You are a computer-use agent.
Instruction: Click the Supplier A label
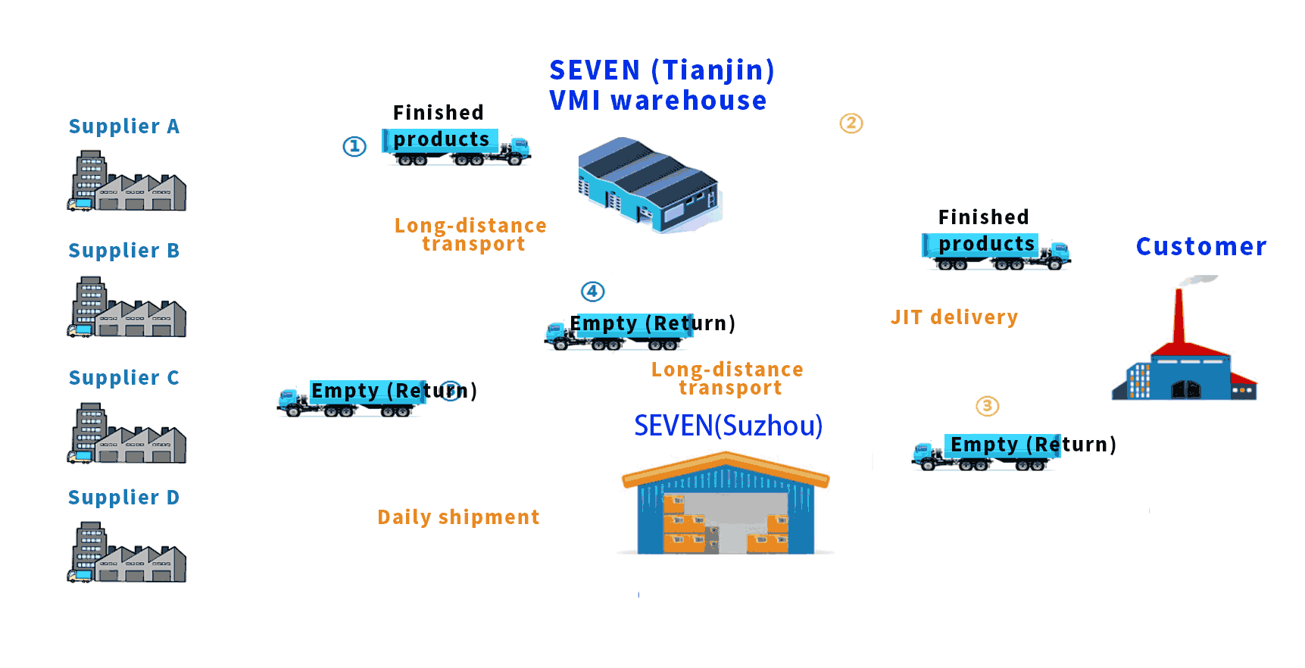point(124,126)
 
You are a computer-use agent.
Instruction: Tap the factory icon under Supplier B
point(126,307)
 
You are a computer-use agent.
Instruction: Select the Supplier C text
point(124,378)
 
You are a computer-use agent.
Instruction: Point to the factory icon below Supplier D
point(126,552)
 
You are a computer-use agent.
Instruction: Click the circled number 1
point(354,146)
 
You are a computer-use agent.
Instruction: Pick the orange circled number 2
point(851,123)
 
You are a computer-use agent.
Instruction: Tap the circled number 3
point(987,406)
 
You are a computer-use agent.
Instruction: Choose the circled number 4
point(592,292)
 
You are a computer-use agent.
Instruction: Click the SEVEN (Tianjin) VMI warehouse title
point(661,85)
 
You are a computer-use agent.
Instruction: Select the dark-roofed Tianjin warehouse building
point(648,184)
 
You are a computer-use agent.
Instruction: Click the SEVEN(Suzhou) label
point(728,426)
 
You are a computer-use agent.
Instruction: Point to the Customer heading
point(1200,247)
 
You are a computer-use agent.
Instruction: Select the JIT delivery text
point(954,317)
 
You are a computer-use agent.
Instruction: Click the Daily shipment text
point(458,517)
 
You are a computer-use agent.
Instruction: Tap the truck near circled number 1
point(456,147)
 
